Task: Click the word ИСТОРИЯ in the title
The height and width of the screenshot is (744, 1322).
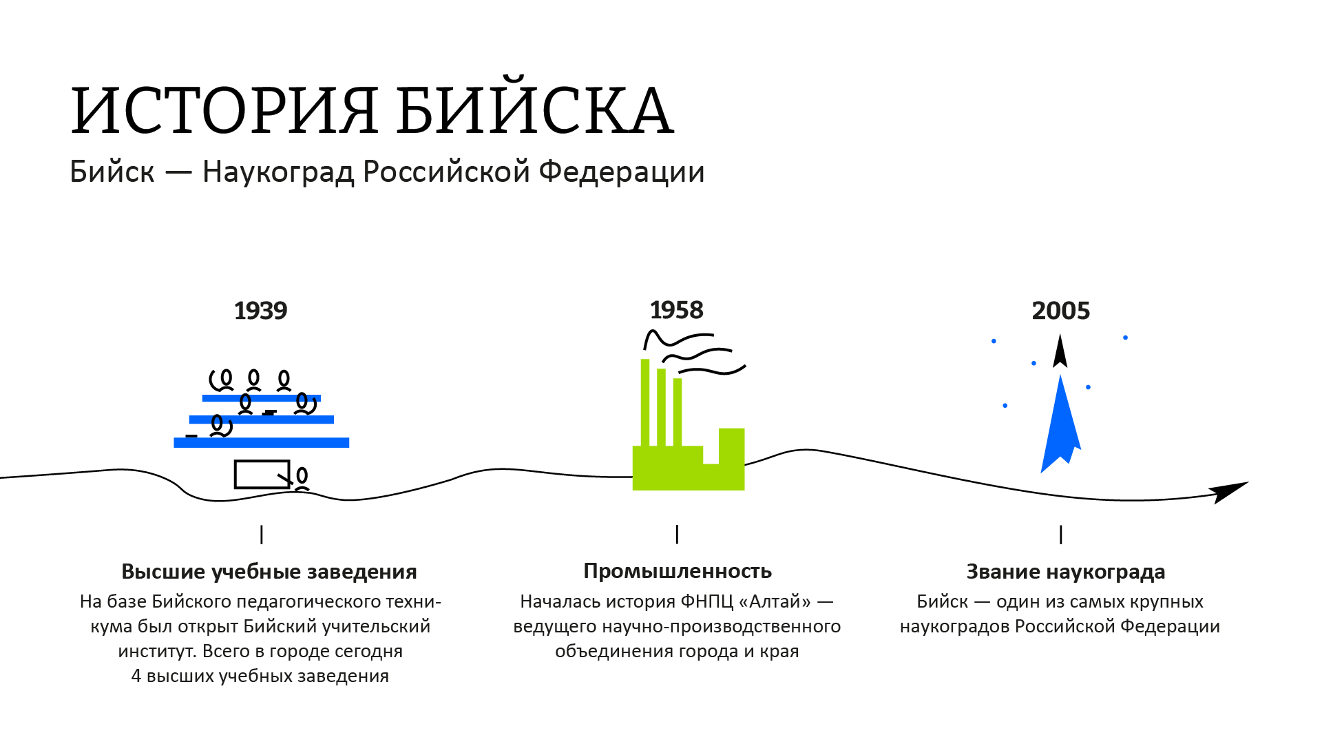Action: [x=224, y=110]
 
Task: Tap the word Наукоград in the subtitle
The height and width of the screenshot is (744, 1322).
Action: [x=278, y=172]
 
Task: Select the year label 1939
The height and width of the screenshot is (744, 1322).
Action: [x=260, y=311]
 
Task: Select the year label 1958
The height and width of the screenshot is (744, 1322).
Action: [x=677, y=310]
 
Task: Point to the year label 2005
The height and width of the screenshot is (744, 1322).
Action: [x=1060, y=311]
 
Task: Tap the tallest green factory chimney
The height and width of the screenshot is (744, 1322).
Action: [x=645, y=402]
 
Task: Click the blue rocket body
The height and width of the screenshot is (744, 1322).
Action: [x=1060, y=427]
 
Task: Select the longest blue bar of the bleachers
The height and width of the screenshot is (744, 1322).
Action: [x=262, y=442]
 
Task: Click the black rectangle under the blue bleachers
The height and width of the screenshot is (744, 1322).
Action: [x=262, y=474]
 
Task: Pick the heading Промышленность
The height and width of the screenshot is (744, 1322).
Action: [x=678, y=571]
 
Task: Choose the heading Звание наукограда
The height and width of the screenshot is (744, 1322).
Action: [x=1066, y=572]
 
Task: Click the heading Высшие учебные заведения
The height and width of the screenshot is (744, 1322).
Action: [x=269, y=572]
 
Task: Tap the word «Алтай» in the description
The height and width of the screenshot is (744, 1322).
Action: [x=775, y=601]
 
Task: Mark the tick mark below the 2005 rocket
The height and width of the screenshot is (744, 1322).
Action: [x=1061, y=535]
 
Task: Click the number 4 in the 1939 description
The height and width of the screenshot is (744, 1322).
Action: [x=136, y=676]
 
